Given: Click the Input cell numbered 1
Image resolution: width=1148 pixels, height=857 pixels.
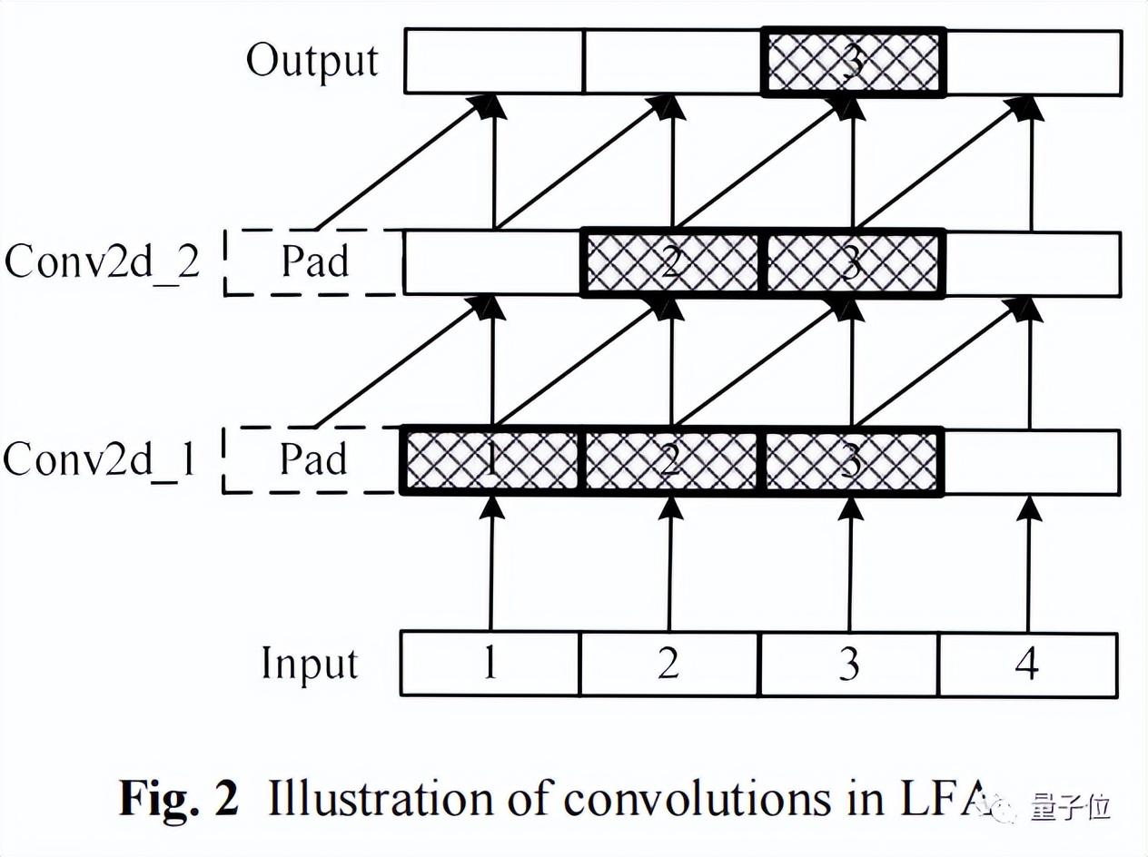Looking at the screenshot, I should tap(490, 665).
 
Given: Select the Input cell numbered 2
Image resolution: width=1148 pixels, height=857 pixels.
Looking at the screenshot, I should tap(668, 665).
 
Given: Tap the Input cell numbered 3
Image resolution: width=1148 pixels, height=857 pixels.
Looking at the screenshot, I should tap(848, 665).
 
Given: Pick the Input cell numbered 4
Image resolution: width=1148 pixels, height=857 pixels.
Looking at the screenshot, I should tap(1027, 665).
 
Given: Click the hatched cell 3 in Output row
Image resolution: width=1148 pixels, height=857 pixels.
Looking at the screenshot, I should tap(853, 63).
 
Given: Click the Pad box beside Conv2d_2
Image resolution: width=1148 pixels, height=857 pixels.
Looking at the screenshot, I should tap(313, 262).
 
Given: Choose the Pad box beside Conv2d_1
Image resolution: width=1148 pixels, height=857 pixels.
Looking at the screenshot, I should tap(313, 460).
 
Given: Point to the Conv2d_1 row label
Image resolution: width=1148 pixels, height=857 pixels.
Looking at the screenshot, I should tap(100, 460).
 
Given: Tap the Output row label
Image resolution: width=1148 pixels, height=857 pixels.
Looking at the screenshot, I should tap(312, 62).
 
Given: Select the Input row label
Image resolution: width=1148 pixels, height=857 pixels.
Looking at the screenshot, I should tap(310, 664).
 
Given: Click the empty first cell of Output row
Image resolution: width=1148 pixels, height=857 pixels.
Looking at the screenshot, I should tap(493, 63).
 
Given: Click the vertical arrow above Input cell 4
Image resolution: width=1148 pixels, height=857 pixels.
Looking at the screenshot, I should tap(1028, 563).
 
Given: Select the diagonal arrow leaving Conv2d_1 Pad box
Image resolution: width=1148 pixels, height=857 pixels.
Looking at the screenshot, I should tap(395, 364).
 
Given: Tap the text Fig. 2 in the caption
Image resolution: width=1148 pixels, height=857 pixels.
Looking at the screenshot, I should tap(179, 799).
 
